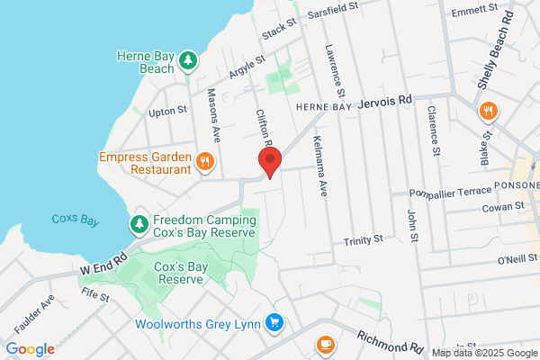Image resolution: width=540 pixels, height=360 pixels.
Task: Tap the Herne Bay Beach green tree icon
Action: tap(188, 60)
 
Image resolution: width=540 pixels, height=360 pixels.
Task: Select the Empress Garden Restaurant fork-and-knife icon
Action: tap(206, 162)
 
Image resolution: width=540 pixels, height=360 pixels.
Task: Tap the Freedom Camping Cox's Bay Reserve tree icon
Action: tap(139, 222)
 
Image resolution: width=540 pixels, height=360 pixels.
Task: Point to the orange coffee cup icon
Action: tap(325, 345)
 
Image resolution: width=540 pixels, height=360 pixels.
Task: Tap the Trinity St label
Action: tap(364, 241)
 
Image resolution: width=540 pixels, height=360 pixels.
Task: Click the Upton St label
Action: tap(166, 111)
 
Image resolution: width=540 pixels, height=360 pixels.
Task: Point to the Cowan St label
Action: tap(504, 207)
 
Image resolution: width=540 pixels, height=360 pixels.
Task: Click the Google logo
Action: tap(30, 349)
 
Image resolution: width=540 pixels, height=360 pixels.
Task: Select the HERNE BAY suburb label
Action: tap(324, 106)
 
